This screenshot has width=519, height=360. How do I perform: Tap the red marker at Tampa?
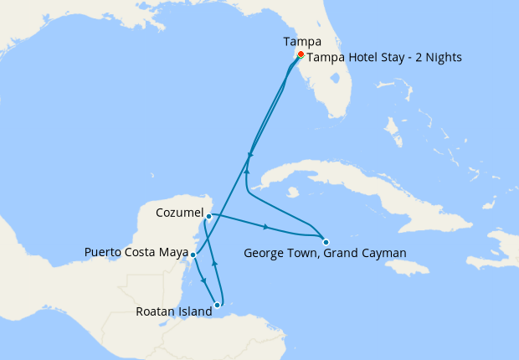point(301,54)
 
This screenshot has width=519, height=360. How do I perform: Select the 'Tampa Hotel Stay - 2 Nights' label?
point(384,58)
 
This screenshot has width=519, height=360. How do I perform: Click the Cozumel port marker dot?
point(208,216)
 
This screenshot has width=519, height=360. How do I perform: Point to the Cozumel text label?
point(180,213)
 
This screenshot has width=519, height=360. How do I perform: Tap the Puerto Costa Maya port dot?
point(193,255)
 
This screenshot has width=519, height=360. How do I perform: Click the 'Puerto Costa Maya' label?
point(136,251)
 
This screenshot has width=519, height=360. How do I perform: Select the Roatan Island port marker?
point(218,305)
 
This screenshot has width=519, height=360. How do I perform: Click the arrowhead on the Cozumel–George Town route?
point(266,227)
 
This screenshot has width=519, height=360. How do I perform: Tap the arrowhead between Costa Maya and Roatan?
point(204,280)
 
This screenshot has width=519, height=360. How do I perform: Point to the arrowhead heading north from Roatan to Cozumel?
point(215,263)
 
